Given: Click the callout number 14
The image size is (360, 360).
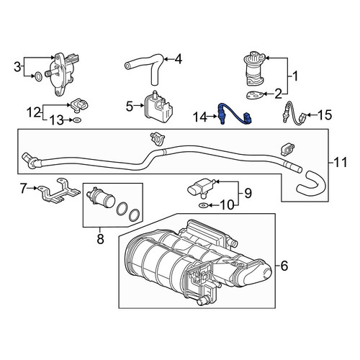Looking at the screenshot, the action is (200, 117).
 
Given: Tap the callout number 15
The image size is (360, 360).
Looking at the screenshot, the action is (325, 114).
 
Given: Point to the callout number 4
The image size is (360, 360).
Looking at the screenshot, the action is (179, 59).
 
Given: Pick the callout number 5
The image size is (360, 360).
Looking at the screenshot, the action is (130, 107).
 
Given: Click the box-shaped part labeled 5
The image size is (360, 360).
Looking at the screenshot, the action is (158, 107).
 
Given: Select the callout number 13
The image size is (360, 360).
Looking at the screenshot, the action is (57, 120).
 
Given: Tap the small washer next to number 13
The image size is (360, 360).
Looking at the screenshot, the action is (77, 120).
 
